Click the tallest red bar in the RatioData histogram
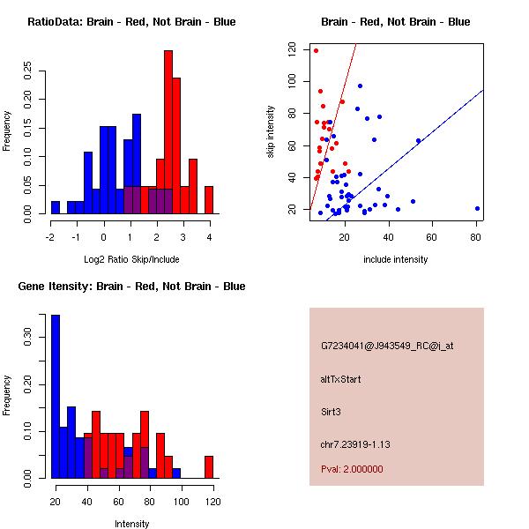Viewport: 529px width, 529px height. click(x=168, y=132)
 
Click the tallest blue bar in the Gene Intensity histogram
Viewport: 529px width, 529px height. click(x=56, y=396)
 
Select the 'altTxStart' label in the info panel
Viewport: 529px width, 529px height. click(x=340, y=379)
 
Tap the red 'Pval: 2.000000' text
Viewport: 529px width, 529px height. click(x=352, y=469)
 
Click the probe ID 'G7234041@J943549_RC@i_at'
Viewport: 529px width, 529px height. click(x=387, y=346)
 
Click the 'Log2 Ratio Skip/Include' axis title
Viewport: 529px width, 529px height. click(x=131, y=258)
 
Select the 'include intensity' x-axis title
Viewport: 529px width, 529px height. click(x=395, y=259)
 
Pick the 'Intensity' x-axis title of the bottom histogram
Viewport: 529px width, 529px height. click(x=131, y=524)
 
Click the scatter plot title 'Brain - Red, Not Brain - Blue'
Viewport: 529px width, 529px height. click(x=395, y=21)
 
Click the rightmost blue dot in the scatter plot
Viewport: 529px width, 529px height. click(x=477, y=209)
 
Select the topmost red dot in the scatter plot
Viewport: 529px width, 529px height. click(x=316, y=50)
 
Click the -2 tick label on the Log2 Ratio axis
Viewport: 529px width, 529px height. click(x=50, y=236)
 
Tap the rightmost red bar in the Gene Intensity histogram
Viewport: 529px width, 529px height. click(x=209, y=466)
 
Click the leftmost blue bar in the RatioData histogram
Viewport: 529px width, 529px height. click(x=56, y=207)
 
